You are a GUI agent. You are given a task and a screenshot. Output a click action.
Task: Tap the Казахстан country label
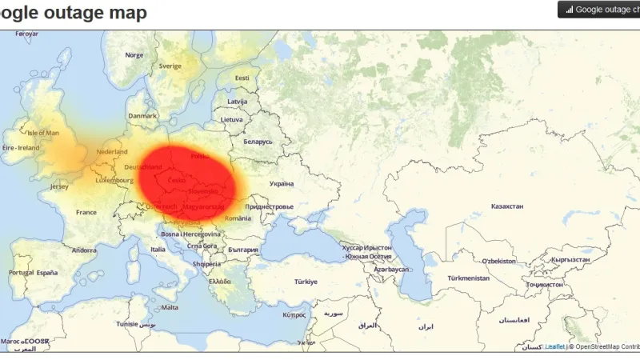(507, 206)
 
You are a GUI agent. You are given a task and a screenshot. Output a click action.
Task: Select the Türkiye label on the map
(306, 282)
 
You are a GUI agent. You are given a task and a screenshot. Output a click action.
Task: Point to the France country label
(86, 212)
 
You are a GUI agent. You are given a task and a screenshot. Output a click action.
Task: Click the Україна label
(282, 183)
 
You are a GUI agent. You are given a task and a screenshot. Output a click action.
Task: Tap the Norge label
(134, 55)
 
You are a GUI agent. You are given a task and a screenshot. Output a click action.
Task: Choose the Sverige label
(170, 66)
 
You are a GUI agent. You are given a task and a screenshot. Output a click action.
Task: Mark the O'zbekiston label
(498, 261)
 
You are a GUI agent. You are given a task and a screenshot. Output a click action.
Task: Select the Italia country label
(158, 250)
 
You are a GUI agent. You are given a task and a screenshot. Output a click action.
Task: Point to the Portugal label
(22, 272)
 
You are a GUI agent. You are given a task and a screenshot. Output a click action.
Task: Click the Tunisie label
(127, 324)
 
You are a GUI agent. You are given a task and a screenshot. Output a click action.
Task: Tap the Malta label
(170, 307)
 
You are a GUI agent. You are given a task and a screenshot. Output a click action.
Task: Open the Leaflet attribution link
(555, 346)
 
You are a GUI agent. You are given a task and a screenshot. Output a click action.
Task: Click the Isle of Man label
(43, 133)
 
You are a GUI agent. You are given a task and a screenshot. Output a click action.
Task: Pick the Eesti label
(242, 78)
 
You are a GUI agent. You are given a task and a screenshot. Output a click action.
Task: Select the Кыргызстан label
(570, 259)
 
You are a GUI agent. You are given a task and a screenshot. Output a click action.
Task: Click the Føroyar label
(27, 34)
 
